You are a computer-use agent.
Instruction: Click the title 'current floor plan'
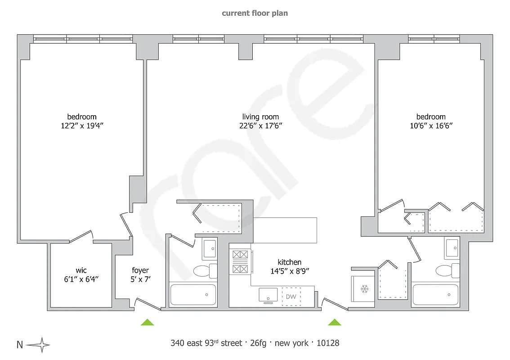pyautogui.click(x=255, y=13)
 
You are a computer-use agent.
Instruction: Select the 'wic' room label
pyautogui.click(x=81, y=270)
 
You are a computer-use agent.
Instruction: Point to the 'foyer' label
pyautogui.click(x=140, y=270)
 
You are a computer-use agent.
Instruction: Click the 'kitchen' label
pyautogui.click(x=289, y=262)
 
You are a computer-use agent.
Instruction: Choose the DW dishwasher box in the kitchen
pyautogui.click(x=291, y=297)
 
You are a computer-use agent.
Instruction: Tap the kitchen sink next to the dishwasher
pyautogui.click(x=268, y=296)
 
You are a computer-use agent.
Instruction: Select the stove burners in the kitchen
pyautogui.click(x=240, y=262)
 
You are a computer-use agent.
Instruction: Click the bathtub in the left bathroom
pyautogui.click(x=192, y=294)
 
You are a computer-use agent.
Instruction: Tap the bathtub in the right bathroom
pyautogui.click(x=435, y=294)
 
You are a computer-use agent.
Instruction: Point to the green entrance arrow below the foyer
pyautogui.click(x=147, y=322)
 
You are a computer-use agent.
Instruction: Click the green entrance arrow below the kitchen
pyautogui.click(x=334, y=322)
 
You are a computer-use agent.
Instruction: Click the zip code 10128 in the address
pyautogui.click(x=328, y=343)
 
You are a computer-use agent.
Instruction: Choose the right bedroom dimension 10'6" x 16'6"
pyautogui.click(x=431, y=126)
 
